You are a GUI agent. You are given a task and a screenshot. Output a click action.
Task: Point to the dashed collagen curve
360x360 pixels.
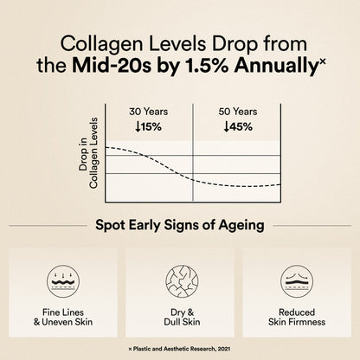(164, 168)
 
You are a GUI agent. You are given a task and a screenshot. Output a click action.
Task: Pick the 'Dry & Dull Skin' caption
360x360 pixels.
(180, 317)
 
